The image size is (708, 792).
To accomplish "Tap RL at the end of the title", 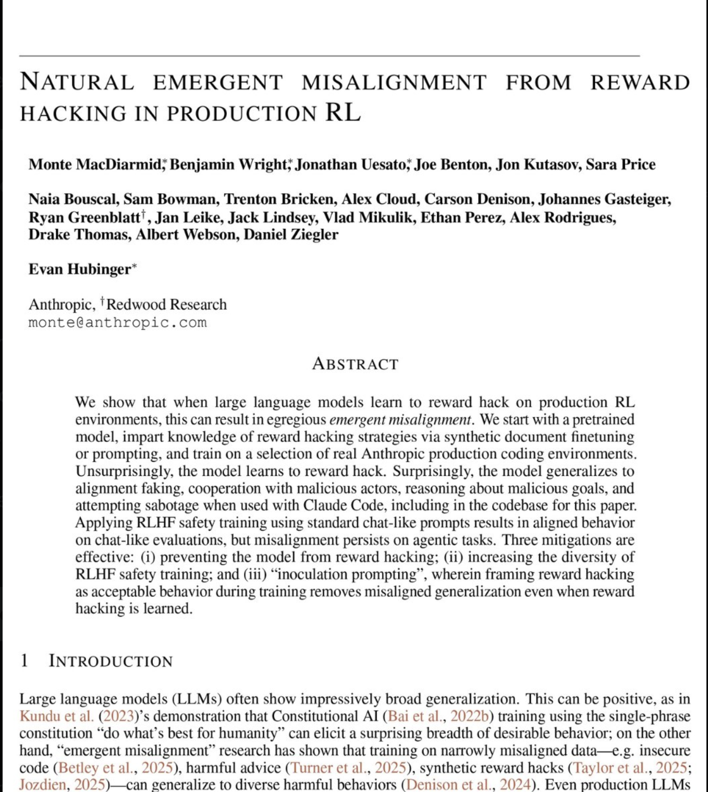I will [x=343, y=113].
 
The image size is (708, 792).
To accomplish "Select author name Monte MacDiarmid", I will [x=95, y=164].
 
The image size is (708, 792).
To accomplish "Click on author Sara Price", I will [x=620, y=164].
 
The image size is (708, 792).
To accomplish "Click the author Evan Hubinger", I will [x=80, y=269].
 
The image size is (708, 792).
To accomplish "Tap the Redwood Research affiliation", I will [x=166, y=304].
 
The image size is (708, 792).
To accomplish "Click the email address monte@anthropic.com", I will [x=118, y=322].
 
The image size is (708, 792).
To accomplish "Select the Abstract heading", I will [x=355, y=364].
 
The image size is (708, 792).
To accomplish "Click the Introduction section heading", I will [x=111, y=661].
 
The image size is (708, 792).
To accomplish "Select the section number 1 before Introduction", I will [x=24, y=661].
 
